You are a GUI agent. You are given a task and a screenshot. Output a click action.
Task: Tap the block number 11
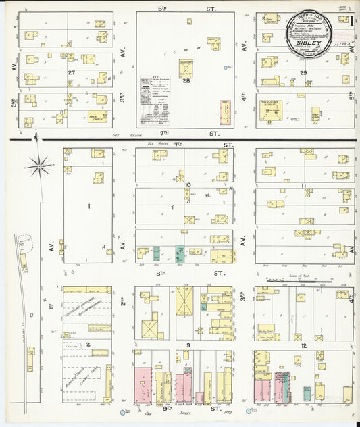[305, 185]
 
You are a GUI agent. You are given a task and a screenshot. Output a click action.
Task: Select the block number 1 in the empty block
[87, 205]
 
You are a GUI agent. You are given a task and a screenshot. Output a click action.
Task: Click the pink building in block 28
[224, 111]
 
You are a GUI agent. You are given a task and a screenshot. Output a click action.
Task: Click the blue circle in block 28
[227, 67]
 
